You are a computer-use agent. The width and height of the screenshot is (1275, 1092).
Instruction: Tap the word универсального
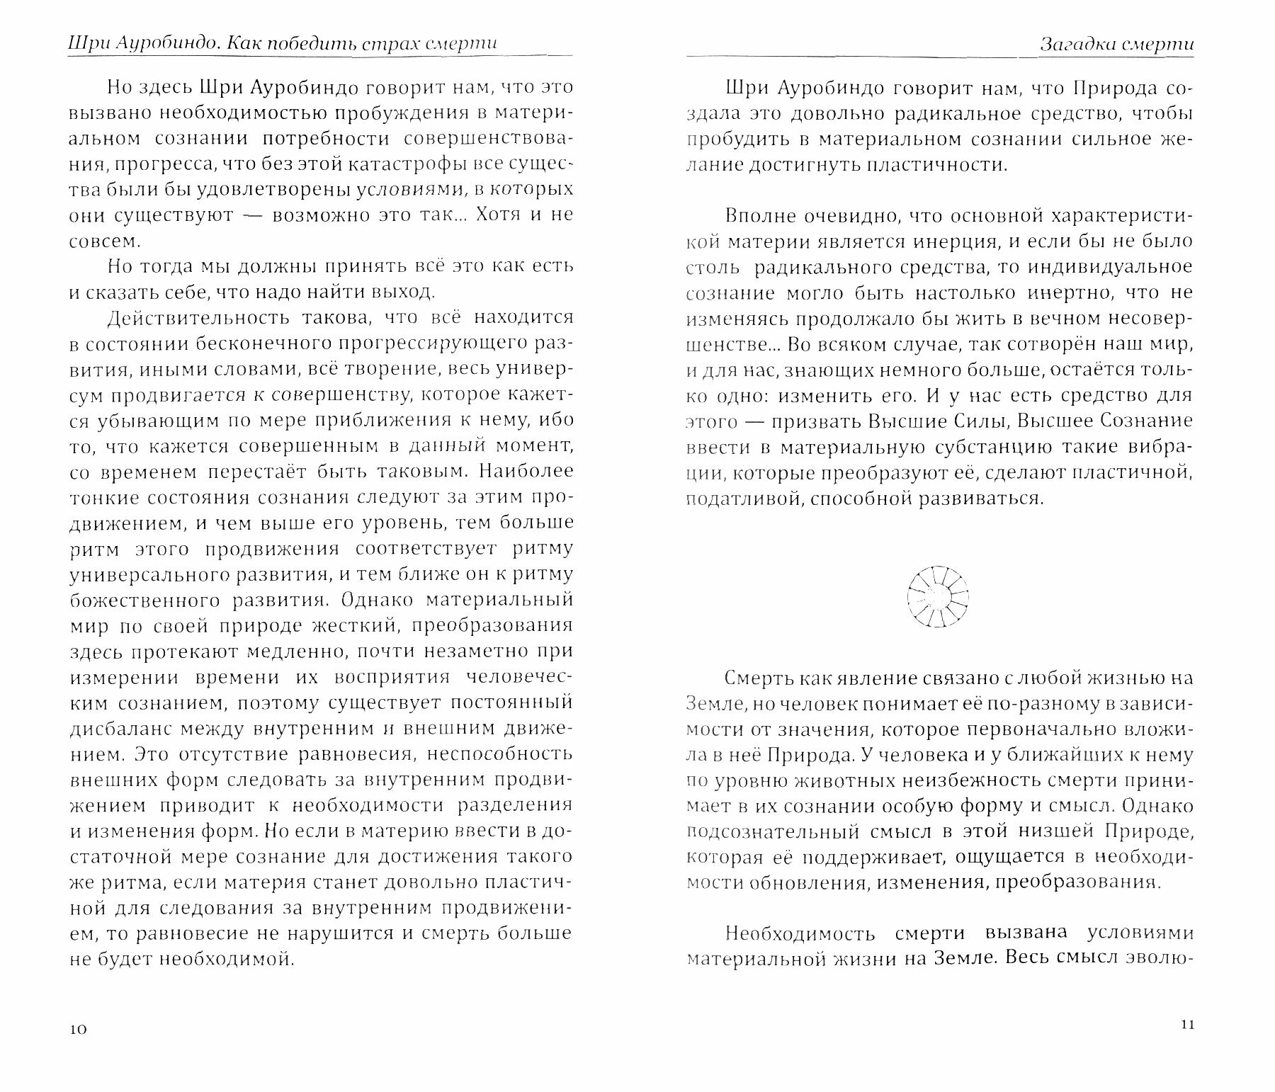(149, 574)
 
